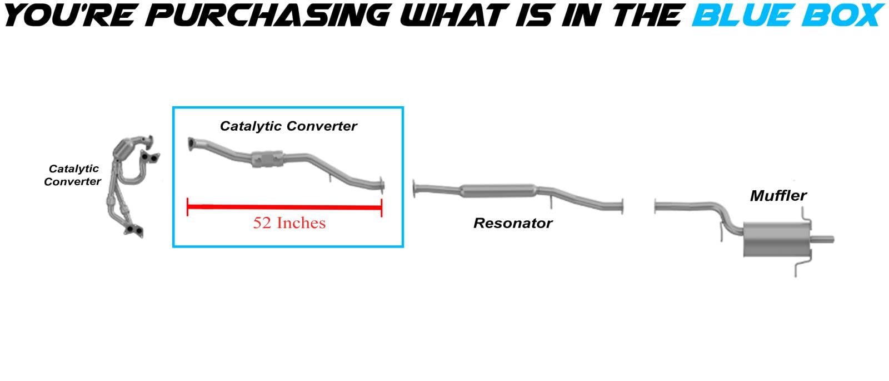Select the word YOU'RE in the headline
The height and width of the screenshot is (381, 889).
pos(69,15)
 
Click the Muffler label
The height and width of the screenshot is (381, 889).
pos(778,195)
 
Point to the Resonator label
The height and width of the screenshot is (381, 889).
pos(513,223)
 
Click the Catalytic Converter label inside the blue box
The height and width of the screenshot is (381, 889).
pos(288,126)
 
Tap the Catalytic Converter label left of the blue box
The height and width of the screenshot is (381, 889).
pos(73,175)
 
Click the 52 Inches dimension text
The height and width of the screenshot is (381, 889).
pos(289,223)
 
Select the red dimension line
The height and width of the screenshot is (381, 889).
pos(284,207)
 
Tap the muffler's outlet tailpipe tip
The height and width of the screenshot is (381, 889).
pos(832,239)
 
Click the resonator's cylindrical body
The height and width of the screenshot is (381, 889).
pos(498,191)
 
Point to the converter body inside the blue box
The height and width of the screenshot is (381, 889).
pos(267,159)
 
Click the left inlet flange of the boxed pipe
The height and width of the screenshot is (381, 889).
pos(191,144)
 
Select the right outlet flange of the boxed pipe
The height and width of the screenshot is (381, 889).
pos(382,185)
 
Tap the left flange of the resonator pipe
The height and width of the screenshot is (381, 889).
pos(414,189)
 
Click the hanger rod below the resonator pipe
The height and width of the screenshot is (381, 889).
pos(551,201)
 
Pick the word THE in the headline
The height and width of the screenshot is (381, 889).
pos(647,15)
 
